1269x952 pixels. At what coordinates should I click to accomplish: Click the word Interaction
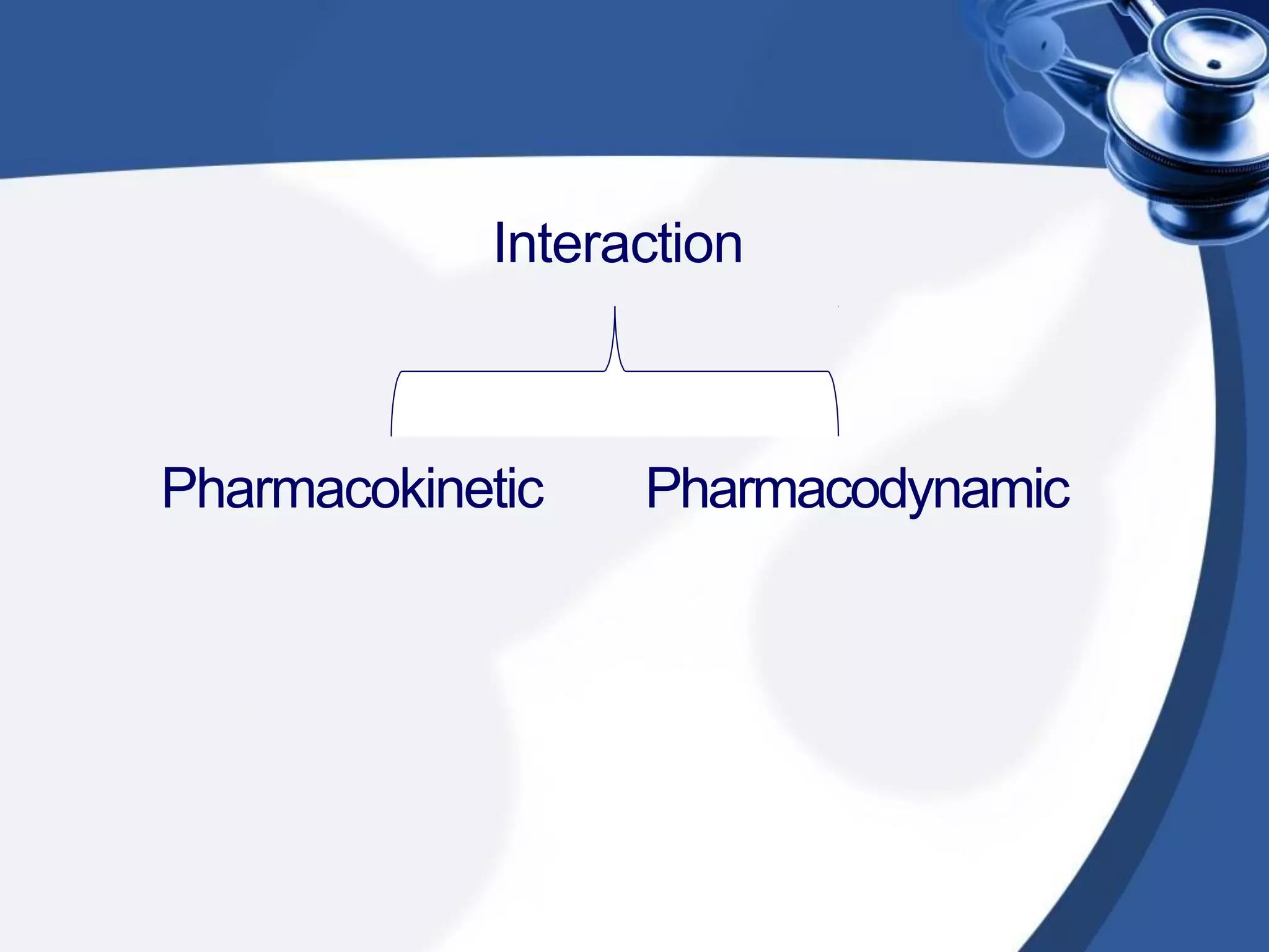[618, 244]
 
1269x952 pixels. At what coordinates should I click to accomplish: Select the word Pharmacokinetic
[353, 489]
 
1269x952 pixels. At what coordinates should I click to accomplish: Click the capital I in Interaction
[500, 244]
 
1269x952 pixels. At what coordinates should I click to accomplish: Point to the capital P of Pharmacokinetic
[177, 489]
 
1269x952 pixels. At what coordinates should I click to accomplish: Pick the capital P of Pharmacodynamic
[662, 489]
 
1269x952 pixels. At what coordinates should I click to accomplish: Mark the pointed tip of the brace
[615, 307]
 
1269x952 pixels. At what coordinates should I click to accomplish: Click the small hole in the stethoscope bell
[1214, 64]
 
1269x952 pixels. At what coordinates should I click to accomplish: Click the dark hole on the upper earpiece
[1044, 46]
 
